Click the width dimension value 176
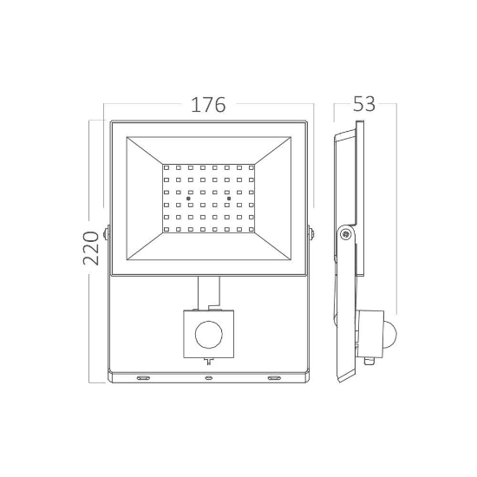click(207, 106)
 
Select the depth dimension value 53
click(365, 105)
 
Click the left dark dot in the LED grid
click(188, 199)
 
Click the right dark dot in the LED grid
click(227, 199)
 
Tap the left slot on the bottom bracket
click(142, 377)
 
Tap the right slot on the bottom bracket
click(274, 377)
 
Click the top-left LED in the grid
click(167, 167)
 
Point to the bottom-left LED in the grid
click(167, 230)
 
